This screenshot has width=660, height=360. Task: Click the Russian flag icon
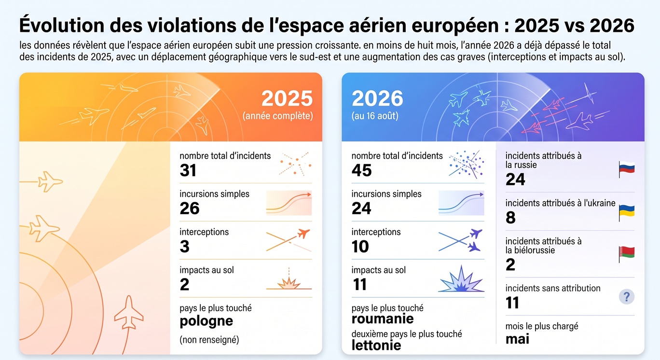coord(627,169)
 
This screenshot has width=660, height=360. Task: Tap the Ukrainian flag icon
coord(627,213)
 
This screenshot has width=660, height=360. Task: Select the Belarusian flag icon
coord(627,254)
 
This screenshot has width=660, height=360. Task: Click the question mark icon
coord(627,296)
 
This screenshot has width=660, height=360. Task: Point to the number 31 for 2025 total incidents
coord(188,170)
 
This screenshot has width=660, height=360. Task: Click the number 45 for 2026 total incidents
coord(361,170)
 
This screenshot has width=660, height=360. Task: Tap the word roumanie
coord(383,318)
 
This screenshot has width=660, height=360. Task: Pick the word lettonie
coord(376,345)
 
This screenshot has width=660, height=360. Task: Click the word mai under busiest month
coord(517,339)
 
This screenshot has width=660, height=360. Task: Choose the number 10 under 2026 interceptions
coord(360,247)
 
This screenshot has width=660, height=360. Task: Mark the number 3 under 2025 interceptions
coord(184,247)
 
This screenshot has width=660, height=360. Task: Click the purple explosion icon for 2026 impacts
coord(461,279)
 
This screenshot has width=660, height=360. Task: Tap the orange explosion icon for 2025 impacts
coord(289,280)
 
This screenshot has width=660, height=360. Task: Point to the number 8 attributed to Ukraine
coord(510,218)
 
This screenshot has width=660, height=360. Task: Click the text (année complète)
coord(277,116)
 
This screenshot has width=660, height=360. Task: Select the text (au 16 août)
coord(375,116)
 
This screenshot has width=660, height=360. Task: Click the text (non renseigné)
coord(209,340)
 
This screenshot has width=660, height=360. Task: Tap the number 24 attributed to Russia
coord(515,179)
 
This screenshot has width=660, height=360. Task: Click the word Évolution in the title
coord(62,25)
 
